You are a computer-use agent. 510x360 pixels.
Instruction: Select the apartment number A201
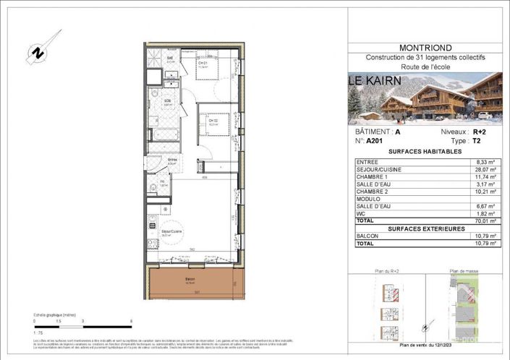374,142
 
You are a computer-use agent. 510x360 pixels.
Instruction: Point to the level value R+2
478,133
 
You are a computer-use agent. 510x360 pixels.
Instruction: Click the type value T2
477,142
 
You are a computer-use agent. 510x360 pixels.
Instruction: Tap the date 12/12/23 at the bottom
441,345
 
